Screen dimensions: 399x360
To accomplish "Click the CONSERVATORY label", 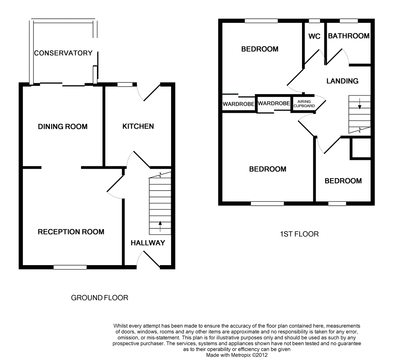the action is (63, 53).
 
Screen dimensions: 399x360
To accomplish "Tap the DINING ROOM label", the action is (63, 127).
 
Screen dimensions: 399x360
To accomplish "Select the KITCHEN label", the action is (138, 126).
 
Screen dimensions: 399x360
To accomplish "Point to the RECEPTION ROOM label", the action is (71, 232).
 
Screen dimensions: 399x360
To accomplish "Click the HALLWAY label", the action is (148, 243).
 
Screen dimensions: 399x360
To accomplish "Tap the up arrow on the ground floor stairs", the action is (160, 226).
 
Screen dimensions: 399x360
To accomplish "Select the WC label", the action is (314, 36).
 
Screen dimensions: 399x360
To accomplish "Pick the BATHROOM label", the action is (349, 36).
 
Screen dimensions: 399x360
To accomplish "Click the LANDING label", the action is (342, 81).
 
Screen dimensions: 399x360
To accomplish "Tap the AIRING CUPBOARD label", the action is (304, 104).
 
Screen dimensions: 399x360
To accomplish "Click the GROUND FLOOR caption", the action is (100, 298).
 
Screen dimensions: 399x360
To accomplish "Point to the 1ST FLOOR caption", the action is (299, 234).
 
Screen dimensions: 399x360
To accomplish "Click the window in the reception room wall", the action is (70, 267).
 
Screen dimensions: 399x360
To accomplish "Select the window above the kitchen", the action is (125, 84).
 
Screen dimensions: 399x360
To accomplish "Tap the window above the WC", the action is (315, 21).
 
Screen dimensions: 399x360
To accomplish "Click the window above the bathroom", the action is (348, 21).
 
